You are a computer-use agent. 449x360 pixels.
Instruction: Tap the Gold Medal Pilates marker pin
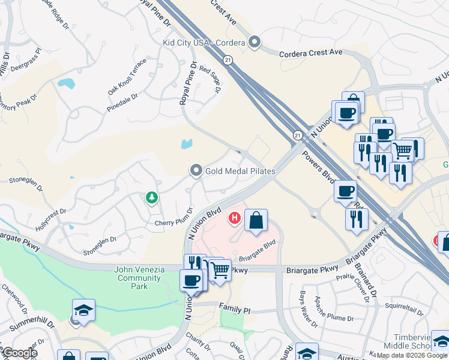click(196, 171)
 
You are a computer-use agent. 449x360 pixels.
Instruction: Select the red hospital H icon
click(235, 218)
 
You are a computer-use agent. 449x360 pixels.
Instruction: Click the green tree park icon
click(152, 197)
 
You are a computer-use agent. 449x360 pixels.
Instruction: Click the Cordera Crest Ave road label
click(311, 53)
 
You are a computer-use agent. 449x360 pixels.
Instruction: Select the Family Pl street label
click(234, 310)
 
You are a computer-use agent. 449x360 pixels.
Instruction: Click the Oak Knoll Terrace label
click(127, 77)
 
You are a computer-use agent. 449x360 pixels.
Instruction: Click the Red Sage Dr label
click(210, 79)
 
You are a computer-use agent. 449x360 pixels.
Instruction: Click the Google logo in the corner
click(20, 353)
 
